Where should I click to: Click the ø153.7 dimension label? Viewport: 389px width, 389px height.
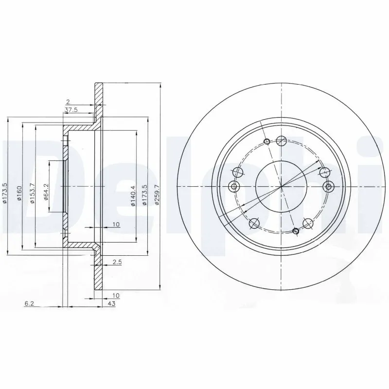[x=32, y=193]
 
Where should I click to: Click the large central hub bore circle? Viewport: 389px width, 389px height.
[x=281, y=186]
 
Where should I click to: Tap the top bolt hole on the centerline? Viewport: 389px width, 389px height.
[x=281, y=141]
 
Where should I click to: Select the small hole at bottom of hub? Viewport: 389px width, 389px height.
[x=296, y=230]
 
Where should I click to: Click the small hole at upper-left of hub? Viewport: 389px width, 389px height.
[x=266, y=141]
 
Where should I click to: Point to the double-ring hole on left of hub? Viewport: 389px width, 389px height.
[x=234, y=186]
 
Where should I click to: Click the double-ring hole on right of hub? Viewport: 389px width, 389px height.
[x=328, y=186]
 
